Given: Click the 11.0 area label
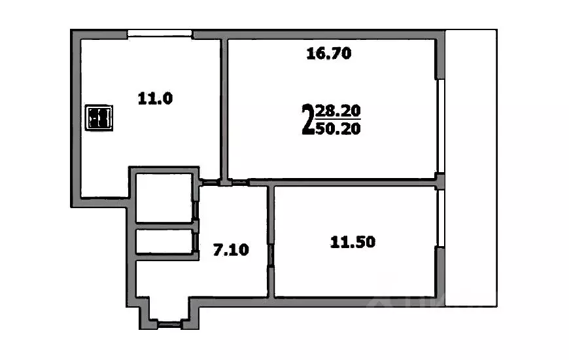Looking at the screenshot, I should coord(154,99).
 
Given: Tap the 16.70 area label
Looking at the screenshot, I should coord(329,54).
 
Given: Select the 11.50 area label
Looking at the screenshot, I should coord(352,242).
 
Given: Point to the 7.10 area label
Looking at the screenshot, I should coord(232,249).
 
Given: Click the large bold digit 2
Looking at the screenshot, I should coord(306,119).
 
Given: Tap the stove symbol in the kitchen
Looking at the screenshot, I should coord(99,118).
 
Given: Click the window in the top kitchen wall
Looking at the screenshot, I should coord(160,33).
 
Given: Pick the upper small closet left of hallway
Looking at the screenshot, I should coord(164,197).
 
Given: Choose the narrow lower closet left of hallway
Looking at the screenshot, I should coord(164,241).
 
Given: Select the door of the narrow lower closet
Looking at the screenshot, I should coord(196,242).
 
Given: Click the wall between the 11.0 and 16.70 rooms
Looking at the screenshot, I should coord(224,108).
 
